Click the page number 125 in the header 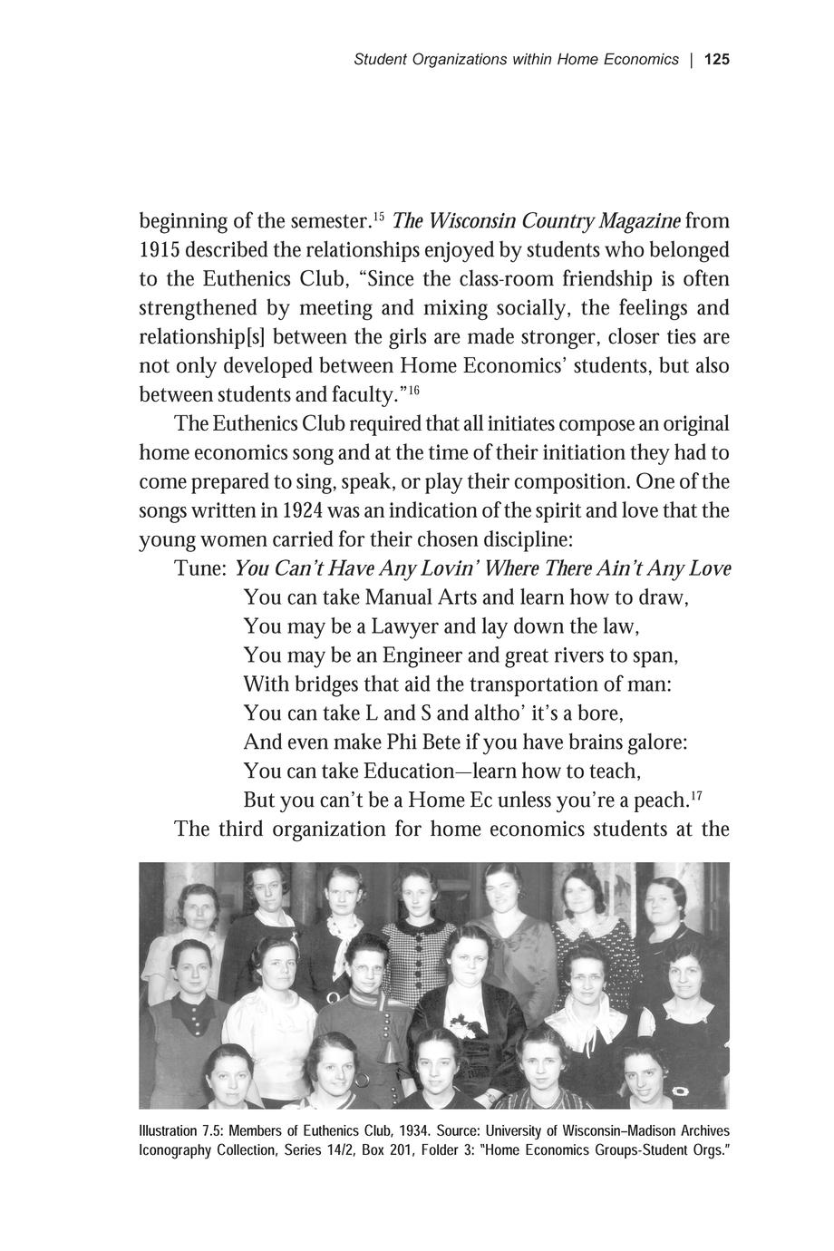716,60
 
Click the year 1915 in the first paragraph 160,249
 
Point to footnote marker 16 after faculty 412,391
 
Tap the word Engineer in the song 422,655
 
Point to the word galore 650,742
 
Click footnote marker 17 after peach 696,795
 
